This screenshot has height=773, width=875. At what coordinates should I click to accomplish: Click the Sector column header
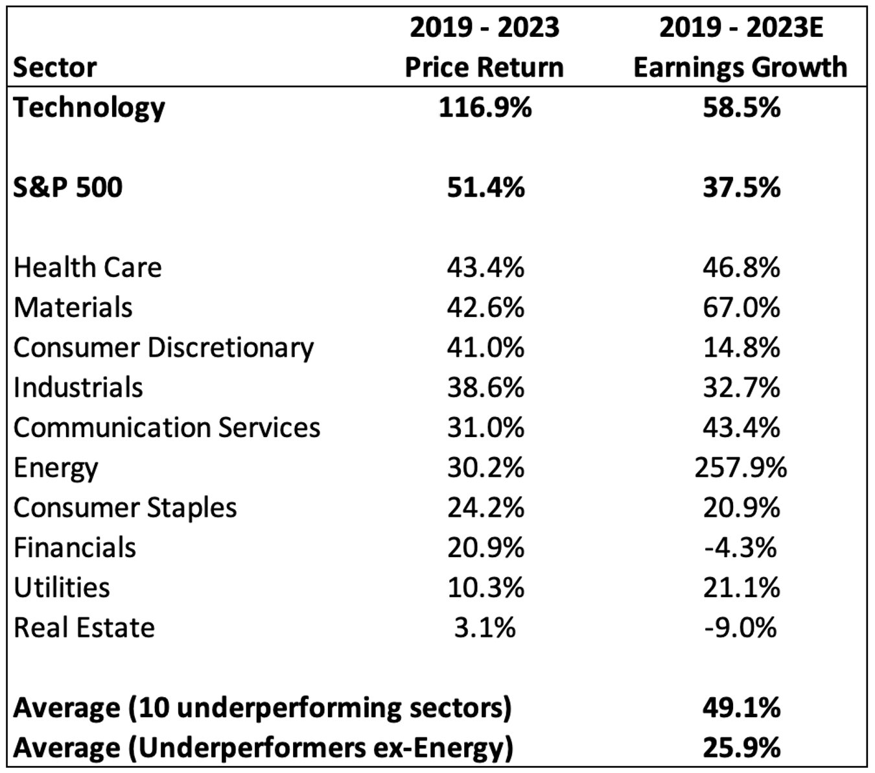[55, 67]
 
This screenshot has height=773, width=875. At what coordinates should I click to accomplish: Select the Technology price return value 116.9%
[485, 108]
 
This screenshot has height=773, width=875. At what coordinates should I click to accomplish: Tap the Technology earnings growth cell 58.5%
[741, 108]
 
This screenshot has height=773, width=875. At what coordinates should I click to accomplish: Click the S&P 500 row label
[68, 187]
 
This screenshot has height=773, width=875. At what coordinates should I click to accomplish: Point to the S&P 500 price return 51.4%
[485, 187]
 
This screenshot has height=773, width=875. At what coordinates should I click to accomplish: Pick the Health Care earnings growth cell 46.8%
[741, 267]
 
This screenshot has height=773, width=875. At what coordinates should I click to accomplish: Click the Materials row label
[73, 307]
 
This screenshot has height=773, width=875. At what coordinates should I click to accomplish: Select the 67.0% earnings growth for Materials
[741, 307]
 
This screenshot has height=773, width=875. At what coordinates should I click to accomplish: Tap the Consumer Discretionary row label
[163, 348]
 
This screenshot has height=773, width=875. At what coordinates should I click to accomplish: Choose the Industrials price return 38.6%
[485, 388]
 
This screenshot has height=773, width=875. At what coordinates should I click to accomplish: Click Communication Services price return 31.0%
[485, 428]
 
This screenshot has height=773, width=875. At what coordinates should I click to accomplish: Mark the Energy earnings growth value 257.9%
[741, 468]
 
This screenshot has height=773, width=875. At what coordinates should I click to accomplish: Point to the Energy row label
[56, 468]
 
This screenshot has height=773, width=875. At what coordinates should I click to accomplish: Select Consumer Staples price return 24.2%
[485, 508]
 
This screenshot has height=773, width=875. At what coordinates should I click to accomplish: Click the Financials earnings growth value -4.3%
[741, 548]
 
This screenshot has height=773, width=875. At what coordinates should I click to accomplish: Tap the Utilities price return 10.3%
[485, 588]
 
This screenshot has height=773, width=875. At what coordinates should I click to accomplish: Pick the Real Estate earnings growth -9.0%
[741, 628]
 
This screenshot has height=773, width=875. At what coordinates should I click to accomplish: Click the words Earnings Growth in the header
[740, 67]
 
